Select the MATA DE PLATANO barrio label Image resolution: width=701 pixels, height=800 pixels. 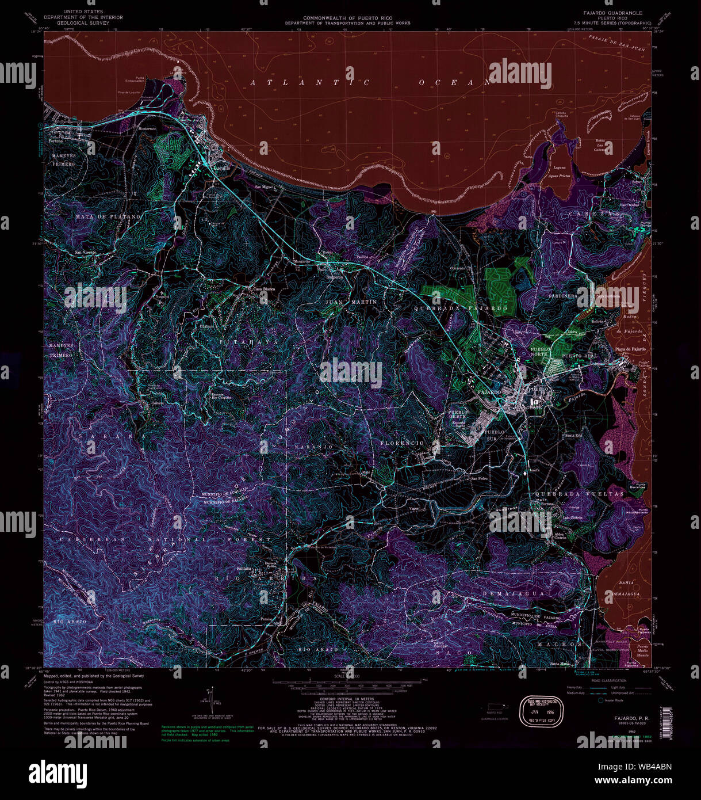coord(108,217)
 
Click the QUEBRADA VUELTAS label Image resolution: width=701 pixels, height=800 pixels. coord(579,494)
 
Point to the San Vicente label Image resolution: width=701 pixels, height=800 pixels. coord(86,252)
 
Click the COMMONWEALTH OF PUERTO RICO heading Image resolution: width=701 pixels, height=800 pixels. coord(348,19)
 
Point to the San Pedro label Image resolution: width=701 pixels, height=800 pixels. coord(480,479)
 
